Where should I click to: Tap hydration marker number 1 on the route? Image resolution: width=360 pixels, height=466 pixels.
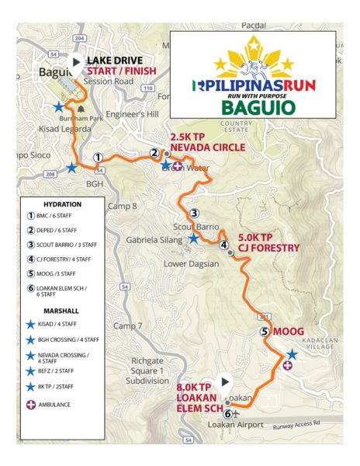point(99,157)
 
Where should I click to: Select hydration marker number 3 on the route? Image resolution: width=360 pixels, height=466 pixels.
point(195,214)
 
